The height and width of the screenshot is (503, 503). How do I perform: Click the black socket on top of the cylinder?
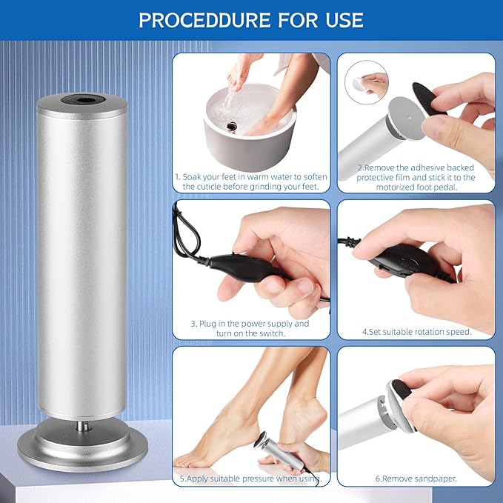pos(81,98)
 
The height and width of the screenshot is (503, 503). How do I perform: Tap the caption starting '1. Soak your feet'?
pos(251,182)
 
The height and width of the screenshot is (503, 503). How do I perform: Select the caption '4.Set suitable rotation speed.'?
pos(416,332)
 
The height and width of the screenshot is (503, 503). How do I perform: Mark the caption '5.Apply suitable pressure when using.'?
pos(251,479)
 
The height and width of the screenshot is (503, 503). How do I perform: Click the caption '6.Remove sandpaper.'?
pos(416,479)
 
